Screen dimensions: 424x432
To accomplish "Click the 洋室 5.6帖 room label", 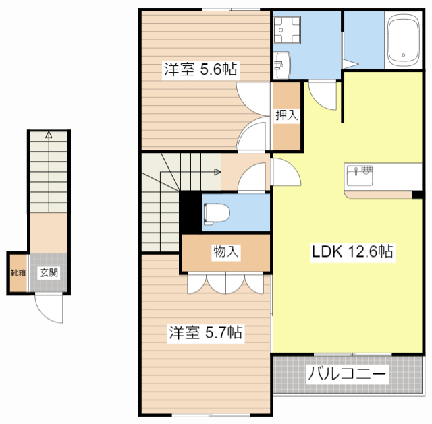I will pos(200,69).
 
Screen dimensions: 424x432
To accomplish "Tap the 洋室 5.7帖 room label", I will pos(205,332).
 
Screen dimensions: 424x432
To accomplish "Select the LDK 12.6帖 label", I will pos(352,252).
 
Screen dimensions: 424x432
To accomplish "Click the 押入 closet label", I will pos(286,115).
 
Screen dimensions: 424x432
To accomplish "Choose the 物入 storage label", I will pos(225,253).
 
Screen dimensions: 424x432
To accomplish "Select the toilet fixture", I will pos(216,212).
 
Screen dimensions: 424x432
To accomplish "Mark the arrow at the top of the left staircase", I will pos(49,134).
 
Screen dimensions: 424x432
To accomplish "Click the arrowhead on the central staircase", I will pos(217,172).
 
